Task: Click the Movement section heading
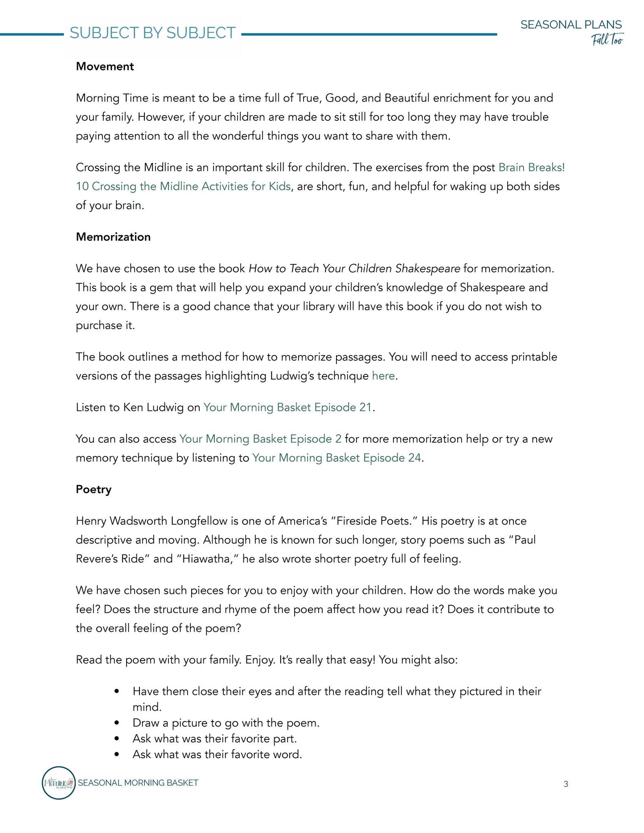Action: tap(105, 66)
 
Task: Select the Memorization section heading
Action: tap(113, 237)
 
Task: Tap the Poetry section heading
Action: tap(94, 489)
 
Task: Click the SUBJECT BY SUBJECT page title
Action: tap(152, 33)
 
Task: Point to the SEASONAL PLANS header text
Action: tap(571, 25)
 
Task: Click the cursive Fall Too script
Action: tap(607, 40)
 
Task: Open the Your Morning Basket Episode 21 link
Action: tap(287, 407)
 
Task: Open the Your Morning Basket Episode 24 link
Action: tap(336, 458)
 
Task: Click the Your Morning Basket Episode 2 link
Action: tap(260, 439)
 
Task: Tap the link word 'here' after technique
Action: tap(383, 376)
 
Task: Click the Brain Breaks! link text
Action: tap(531, 168)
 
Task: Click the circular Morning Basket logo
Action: tap(58, 783)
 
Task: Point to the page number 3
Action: tap(566, 784)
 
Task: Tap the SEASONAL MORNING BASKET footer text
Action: tap(138, 783)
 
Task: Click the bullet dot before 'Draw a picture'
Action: tap(117, 723)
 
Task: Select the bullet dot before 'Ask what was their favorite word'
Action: tap(117, 755)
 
